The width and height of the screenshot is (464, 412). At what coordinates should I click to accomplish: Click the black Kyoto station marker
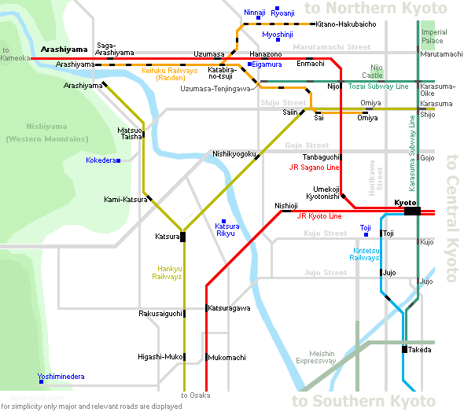coord(412,211)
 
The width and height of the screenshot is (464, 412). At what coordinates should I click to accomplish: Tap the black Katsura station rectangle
coord(183,237)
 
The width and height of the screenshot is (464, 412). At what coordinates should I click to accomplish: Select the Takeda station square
coord(404,349)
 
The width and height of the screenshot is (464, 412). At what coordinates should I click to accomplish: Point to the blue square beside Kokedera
coord(119,160)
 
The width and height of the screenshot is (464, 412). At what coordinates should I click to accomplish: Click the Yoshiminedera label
coord(61,376)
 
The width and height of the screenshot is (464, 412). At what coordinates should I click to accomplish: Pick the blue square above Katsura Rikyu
coord(223,221)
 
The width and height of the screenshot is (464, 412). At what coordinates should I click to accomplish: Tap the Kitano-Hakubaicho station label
coord(346,24)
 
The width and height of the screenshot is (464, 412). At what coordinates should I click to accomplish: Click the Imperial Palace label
coord(434,36)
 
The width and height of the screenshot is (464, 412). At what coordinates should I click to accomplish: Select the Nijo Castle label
coord(373,72)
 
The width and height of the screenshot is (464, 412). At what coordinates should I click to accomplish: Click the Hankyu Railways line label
coord(167,272)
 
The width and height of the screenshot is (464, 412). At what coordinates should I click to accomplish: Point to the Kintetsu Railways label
coord(365,254)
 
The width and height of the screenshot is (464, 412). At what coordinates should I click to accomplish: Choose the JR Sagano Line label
coord(314,167)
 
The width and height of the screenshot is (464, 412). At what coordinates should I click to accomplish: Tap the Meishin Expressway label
coord(316,357)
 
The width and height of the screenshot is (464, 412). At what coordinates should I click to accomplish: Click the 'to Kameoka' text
coord(15,54)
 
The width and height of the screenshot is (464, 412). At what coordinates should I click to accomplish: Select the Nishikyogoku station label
coord(234,154)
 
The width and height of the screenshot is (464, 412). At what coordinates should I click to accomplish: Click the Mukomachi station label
coord(226,357)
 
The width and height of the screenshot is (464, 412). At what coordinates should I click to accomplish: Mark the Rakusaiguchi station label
coord(160,314)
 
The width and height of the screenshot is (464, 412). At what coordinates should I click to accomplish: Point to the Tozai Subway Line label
coord(378,86)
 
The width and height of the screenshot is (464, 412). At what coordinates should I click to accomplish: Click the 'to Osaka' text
coord(196,395)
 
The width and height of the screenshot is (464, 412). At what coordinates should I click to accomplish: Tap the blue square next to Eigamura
coord(249,64)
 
